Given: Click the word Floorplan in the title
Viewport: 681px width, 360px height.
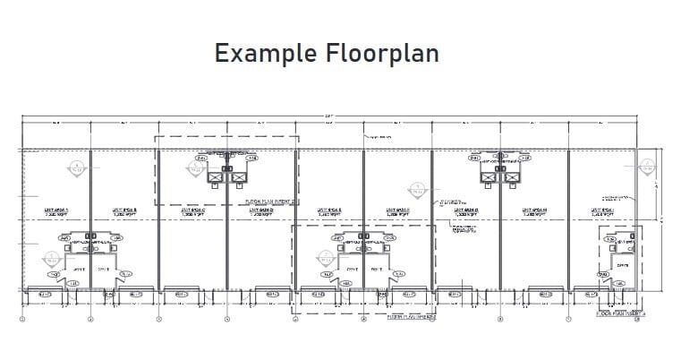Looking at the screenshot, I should click(x=382, y=54).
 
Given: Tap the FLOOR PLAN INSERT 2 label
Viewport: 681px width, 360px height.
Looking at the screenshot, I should click(x=269, y=202).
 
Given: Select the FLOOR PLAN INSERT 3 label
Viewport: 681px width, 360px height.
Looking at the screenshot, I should click(x=411, y=316).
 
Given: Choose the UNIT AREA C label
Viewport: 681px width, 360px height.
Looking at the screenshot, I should click(x=192, y=212).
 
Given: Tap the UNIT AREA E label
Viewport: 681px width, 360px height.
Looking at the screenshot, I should click(x=328, y=212).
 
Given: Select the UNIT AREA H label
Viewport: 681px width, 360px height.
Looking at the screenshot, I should click(x=533, y=212).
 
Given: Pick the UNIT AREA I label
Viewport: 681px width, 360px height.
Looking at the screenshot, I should click(x=602, y=212).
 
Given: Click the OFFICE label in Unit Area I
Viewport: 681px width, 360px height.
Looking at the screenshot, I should click(x=622, y=266).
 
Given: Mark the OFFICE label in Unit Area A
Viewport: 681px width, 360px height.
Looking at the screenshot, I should click(x=78, y=267).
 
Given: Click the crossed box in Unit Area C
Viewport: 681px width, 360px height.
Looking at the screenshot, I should click(x=216, y=177).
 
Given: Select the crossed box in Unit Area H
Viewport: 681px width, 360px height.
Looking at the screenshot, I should click(x=511, y=177).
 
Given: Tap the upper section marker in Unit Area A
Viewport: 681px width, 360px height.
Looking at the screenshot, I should click(x=79, y=166).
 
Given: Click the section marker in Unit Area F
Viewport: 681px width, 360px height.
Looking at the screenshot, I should click(x=416, y=190).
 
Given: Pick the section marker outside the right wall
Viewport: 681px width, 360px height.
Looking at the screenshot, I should click(x=646, y=167).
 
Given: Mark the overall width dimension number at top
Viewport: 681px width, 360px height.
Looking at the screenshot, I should click(x=329, y=116).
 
